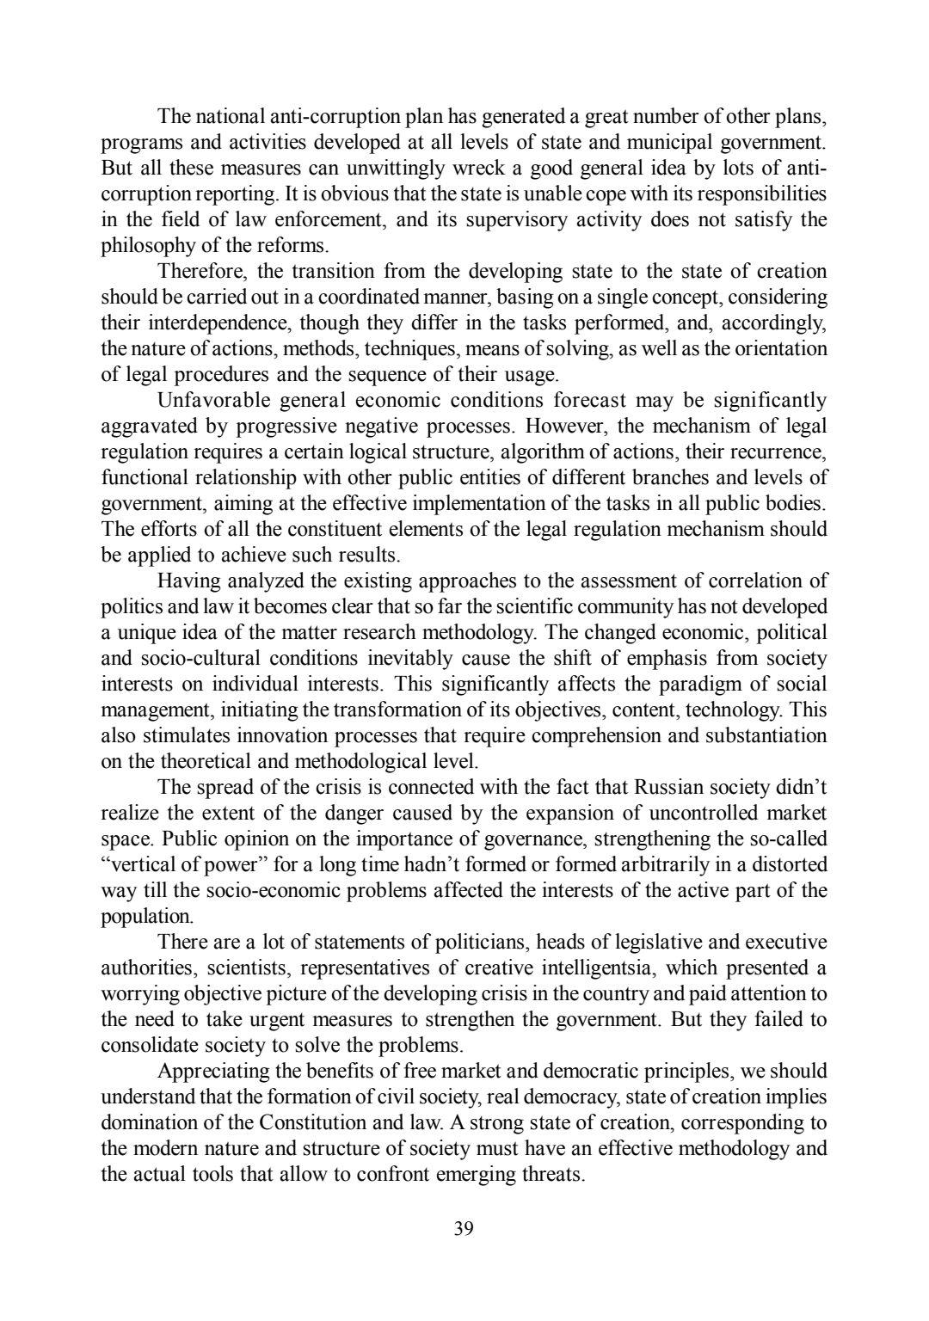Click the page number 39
pyautogui.click(x=464, y=1228)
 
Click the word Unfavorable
pyautogui.click(x=213, y=401)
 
